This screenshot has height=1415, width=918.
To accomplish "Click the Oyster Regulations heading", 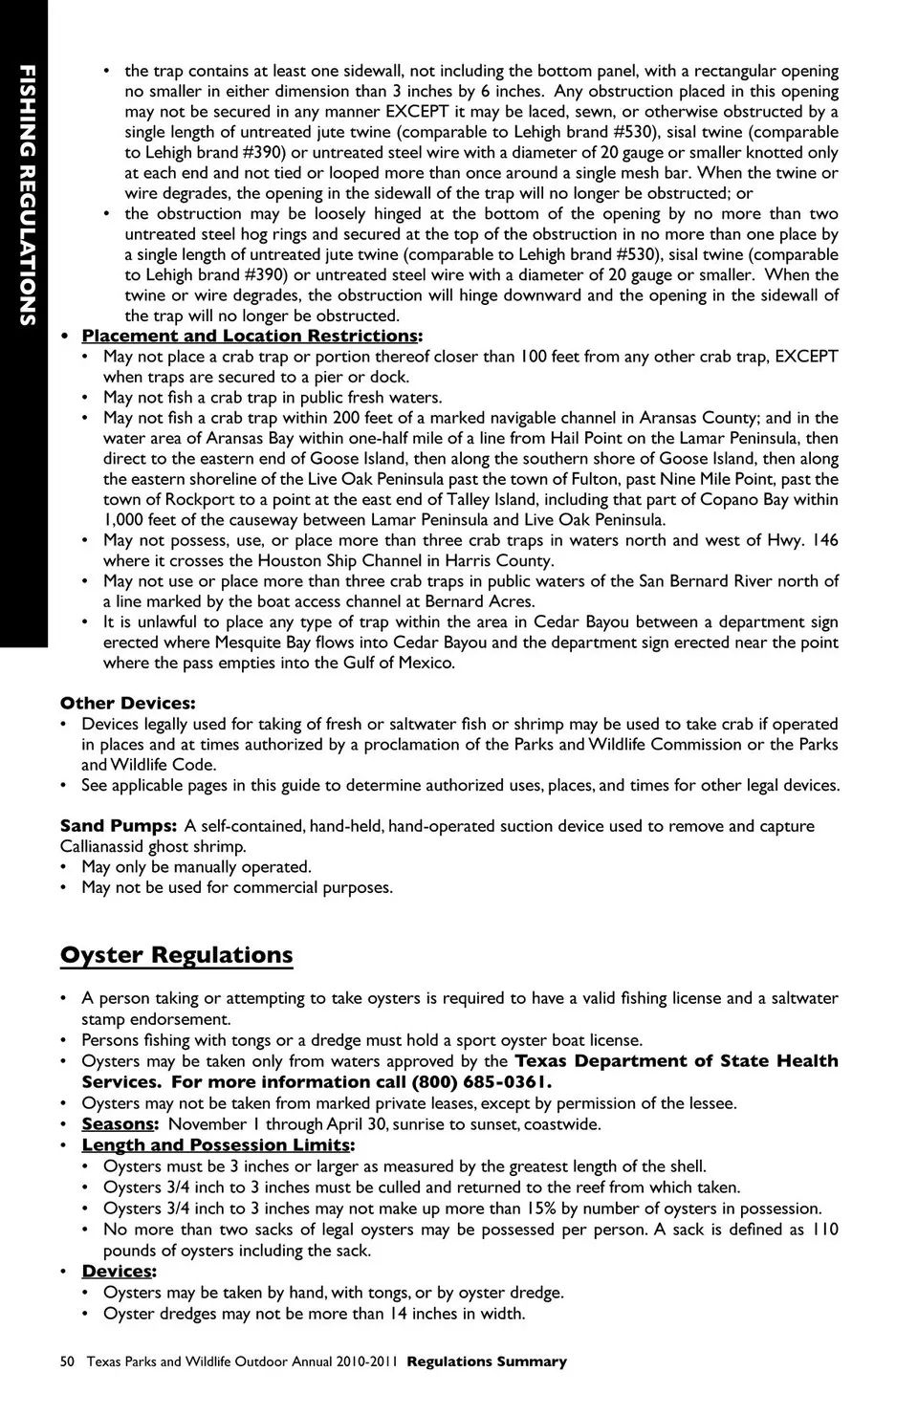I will coord(177,955).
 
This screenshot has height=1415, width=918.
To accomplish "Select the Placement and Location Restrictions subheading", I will coord(250,336).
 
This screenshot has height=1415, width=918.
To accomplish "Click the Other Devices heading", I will coord(127,703).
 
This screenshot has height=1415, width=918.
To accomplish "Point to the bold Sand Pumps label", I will coord(118,825).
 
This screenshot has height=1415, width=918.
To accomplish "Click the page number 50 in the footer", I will coord(67,1361).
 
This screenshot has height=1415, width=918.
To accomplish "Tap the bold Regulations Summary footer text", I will coord(487,1361).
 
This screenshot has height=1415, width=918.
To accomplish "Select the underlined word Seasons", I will coord(118,1124).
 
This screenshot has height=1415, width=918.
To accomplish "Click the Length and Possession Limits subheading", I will coord(216,1144).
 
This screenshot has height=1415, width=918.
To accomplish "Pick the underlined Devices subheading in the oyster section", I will coord(117,1271).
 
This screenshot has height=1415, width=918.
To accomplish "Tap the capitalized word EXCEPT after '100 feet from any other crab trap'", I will coord(806,357).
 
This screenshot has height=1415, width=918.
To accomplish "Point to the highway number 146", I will coord(824,540).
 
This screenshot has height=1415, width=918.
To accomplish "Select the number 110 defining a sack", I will coord(824,1230).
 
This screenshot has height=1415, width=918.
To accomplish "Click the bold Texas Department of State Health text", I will coord(676,1061).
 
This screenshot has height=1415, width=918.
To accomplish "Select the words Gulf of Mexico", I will coord(399,663).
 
